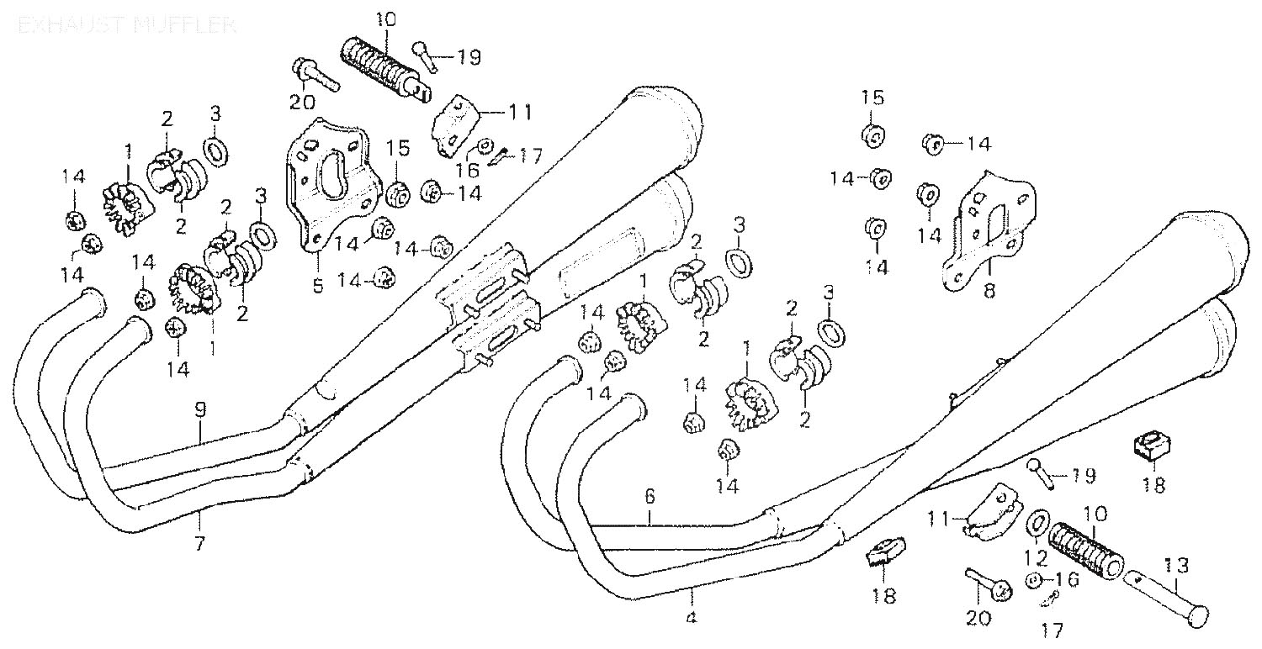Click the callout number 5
pos(317,286)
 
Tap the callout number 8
pos(989,291)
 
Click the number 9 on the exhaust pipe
pos(199,411)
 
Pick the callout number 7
pos(199,542)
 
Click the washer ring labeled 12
pos(1038,523)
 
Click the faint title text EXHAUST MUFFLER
pos(126,24)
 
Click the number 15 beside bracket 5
pos(398,150)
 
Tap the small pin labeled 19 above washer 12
pos(1042,475)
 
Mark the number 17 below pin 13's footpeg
pos(1052,629)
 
